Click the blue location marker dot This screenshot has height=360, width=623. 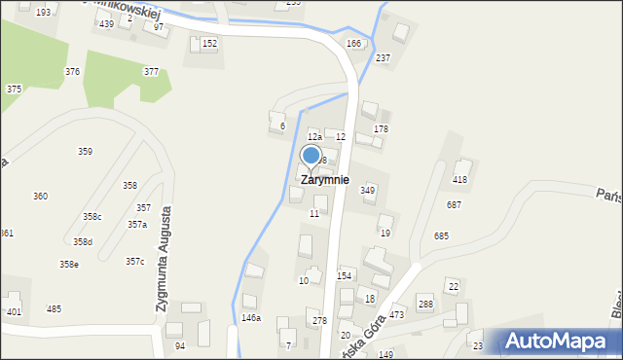point(311,155)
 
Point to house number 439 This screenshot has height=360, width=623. point(106,23)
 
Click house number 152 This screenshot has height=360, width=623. point(209,44)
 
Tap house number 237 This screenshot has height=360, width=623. point(383,58)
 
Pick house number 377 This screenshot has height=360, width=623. point(151,72)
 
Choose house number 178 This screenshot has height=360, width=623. point(381,129)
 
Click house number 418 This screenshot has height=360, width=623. point(460,180)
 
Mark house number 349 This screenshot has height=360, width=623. point(368,191)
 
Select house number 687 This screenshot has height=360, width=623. point(454,204)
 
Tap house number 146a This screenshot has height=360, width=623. point(251,318)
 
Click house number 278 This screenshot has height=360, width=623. point(319,321)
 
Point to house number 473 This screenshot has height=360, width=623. point(396,316)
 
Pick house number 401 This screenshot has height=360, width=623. point(14,312)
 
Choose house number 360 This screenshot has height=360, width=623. point(40,197)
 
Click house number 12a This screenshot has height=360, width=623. point(314,137)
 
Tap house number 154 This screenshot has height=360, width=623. point(345,276)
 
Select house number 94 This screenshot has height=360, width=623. point(180,346)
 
